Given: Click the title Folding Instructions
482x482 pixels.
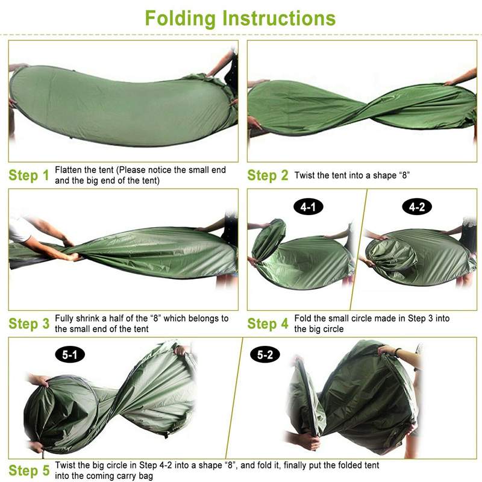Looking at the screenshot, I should pos(240,18).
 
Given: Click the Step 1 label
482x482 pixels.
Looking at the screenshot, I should pos(28,176).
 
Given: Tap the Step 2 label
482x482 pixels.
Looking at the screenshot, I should pos(268,176).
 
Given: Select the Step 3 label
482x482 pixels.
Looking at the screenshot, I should pos(28,324).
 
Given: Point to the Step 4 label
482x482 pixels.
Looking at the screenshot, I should pos(268,324).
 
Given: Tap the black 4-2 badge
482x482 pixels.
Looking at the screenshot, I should pos(417,208).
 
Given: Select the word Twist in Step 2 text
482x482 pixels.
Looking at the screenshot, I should pos(305,176).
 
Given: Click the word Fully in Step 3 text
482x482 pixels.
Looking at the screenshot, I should pos(65,319).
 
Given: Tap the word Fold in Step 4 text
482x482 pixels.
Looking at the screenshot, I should pos(303,319).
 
